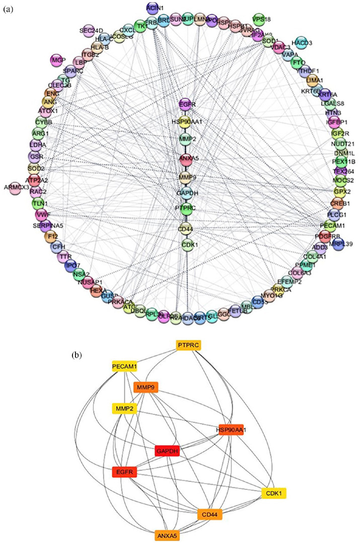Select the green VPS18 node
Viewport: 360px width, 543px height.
coord(258,20)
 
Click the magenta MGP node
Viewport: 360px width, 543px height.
coord(56,60)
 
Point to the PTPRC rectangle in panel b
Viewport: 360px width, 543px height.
coord(189,345)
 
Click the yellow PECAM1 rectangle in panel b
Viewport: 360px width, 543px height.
coord(124,367)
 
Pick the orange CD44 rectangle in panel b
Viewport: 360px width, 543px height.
coord(209,515)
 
